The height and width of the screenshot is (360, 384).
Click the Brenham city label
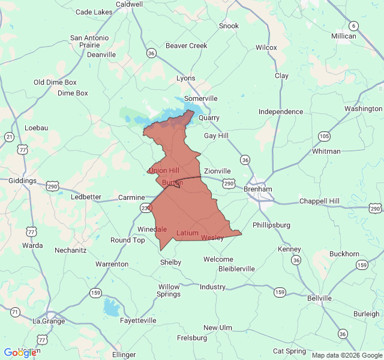coord(258,189)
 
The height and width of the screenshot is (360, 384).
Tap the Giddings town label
coord(22,181)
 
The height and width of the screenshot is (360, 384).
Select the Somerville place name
coord(200,98)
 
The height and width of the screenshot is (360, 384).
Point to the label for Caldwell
coord(130,4)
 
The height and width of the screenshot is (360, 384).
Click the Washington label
coord(363,109)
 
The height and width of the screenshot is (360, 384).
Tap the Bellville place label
coord(319,298)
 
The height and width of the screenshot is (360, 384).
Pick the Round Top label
coord(127,240)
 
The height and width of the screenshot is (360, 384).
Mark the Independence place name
coord(281,112)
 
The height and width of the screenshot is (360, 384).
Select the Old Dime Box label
coord(55,82)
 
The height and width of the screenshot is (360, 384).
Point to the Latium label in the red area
coord(187,233)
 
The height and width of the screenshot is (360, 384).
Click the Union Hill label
coord(163,171)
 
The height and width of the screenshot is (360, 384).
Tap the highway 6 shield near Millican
coord(354,26)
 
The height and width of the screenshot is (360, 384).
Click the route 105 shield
coord(324,136)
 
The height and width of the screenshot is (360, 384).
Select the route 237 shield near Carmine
coord(146,208)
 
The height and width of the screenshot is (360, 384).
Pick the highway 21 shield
coord(9,137)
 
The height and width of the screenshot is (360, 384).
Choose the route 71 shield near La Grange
coord(14,312)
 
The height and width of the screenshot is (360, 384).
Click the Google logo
coord(20,353)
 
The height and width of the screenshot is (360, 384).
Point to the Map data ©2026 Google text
coord(347,355)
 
